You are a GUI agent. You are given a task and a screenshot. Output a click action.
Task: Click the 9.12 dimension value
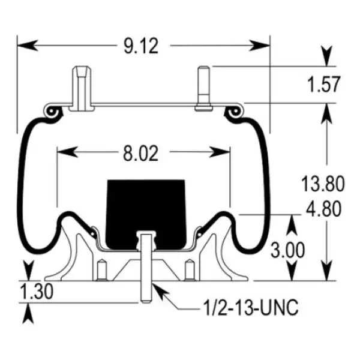pyautogui.click(x=142, y=46)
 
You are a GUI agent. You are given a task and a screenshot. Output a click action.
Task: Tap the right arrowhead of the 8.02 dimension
pyautogui.click(x=223, y=153)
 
